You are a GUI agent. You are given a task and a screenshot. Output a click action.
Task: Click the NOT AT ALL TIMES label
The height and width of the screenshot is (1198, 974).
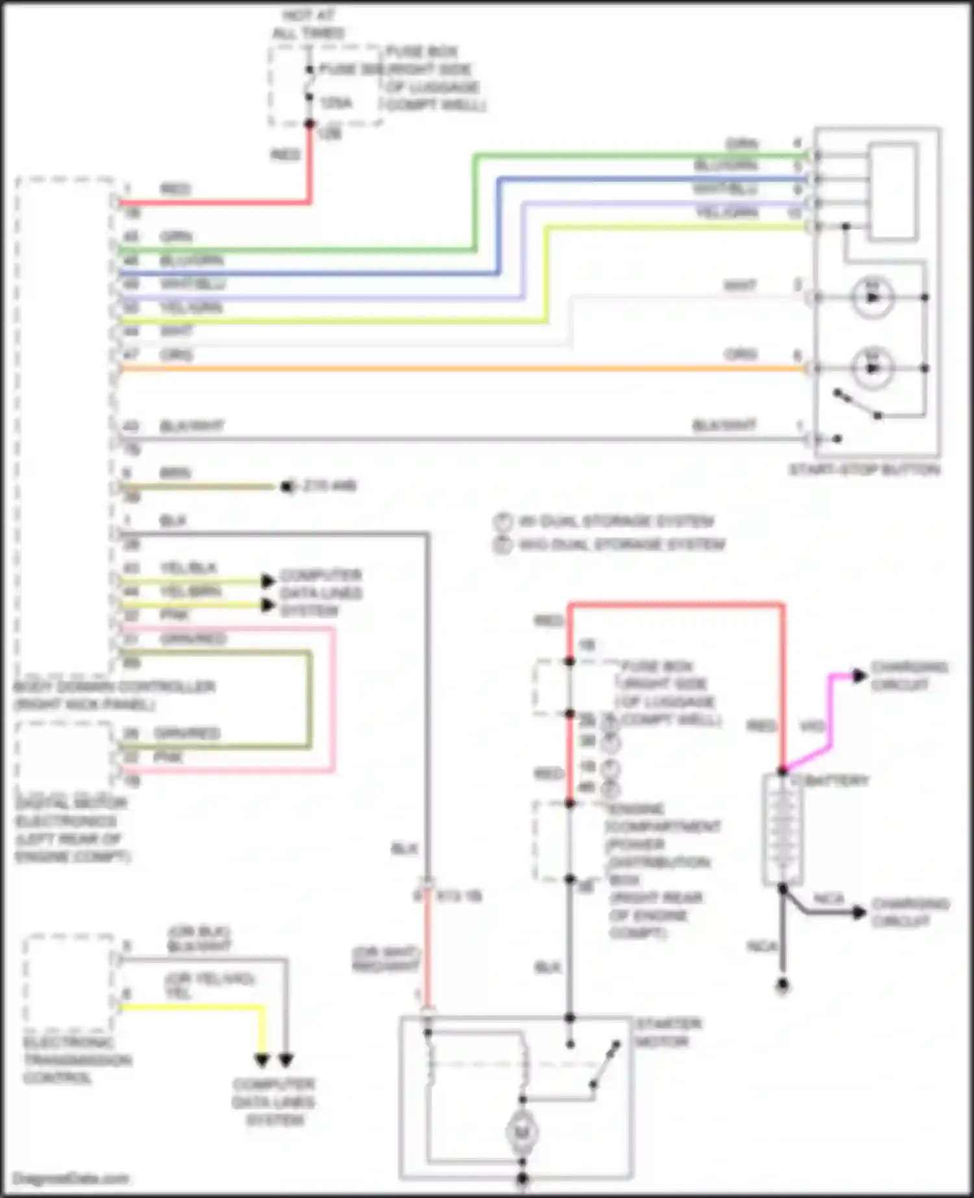[309, 24]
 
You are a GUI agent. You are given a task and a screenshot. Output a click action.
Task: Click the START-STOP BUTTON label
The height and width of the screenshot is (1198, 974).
[864, 469]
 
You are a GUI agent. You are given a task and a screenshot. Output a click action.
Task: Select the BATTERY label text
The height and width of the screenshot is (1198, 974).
[837, 780]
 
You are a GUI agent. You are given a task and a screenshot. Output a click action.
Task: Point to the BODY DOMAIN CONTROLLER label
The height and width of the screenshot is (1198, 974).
[114, 695]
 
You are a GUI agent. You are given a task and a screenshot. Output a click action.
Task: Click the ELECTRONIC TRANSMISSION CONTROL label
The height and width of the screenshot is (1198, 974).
[77, 1060]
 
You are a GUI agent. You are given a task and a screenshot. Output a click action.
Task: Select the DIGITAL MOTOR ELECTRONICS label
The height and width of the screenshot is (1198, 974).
[71, 830]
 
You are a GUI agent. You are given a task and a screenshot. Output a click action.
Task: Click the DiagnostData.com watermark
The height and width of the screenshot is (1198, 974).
[71, 1178]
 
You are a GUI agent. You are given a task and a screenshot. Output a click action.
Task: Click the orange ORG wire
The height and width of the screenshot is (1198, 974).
[455, 369]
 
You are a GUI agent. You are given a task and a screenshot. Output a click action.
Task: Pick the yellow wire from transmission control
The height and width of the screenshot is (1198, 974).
[195, 1007]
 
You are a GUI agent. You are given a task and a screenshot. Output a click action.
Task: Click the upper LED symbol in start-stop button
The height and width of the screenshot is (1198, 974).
[872, 297]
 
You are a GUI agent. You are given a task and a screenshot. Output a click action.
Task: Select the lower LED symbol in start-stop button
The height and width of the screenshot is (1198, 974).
[872, 368]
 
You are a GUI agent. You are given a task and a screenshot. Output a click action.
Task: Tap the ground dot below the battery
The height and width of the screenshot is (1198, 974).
[782, 986]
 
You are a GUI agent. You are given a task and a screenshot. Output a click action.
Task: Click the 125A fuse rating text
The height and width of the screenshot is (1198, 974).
[336, 103]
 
